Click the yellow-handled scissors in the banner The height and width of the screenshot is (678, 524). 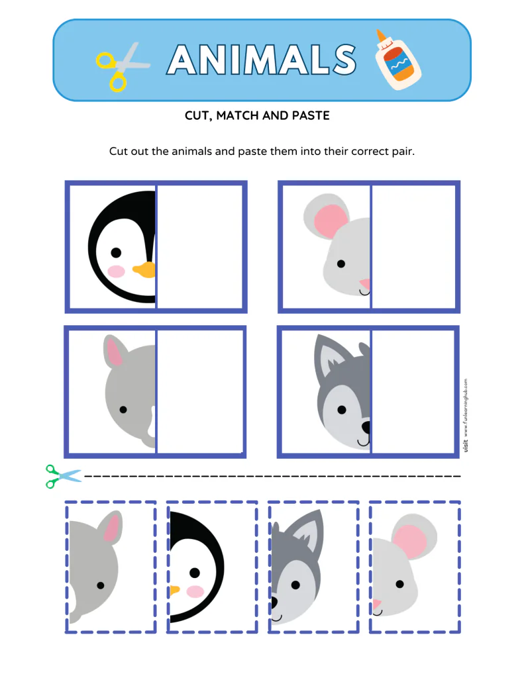click(121, 66)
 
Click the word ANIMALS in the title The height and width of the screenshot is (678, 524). click(261, 60)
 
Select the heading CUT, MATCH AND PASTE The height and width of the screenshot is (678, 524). click(257, 116)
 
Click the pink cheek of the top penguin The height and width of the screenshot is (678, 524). click(117, 271)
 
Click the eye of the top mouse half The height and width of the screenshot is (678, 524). click(341, 264)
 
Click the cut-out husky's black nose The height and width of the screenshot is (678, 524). click(274, 602)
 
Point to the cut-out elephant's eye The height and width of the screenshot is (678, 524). click(100, 585)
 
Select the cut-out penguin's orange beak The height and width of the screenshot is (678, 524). click(174, 589)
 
